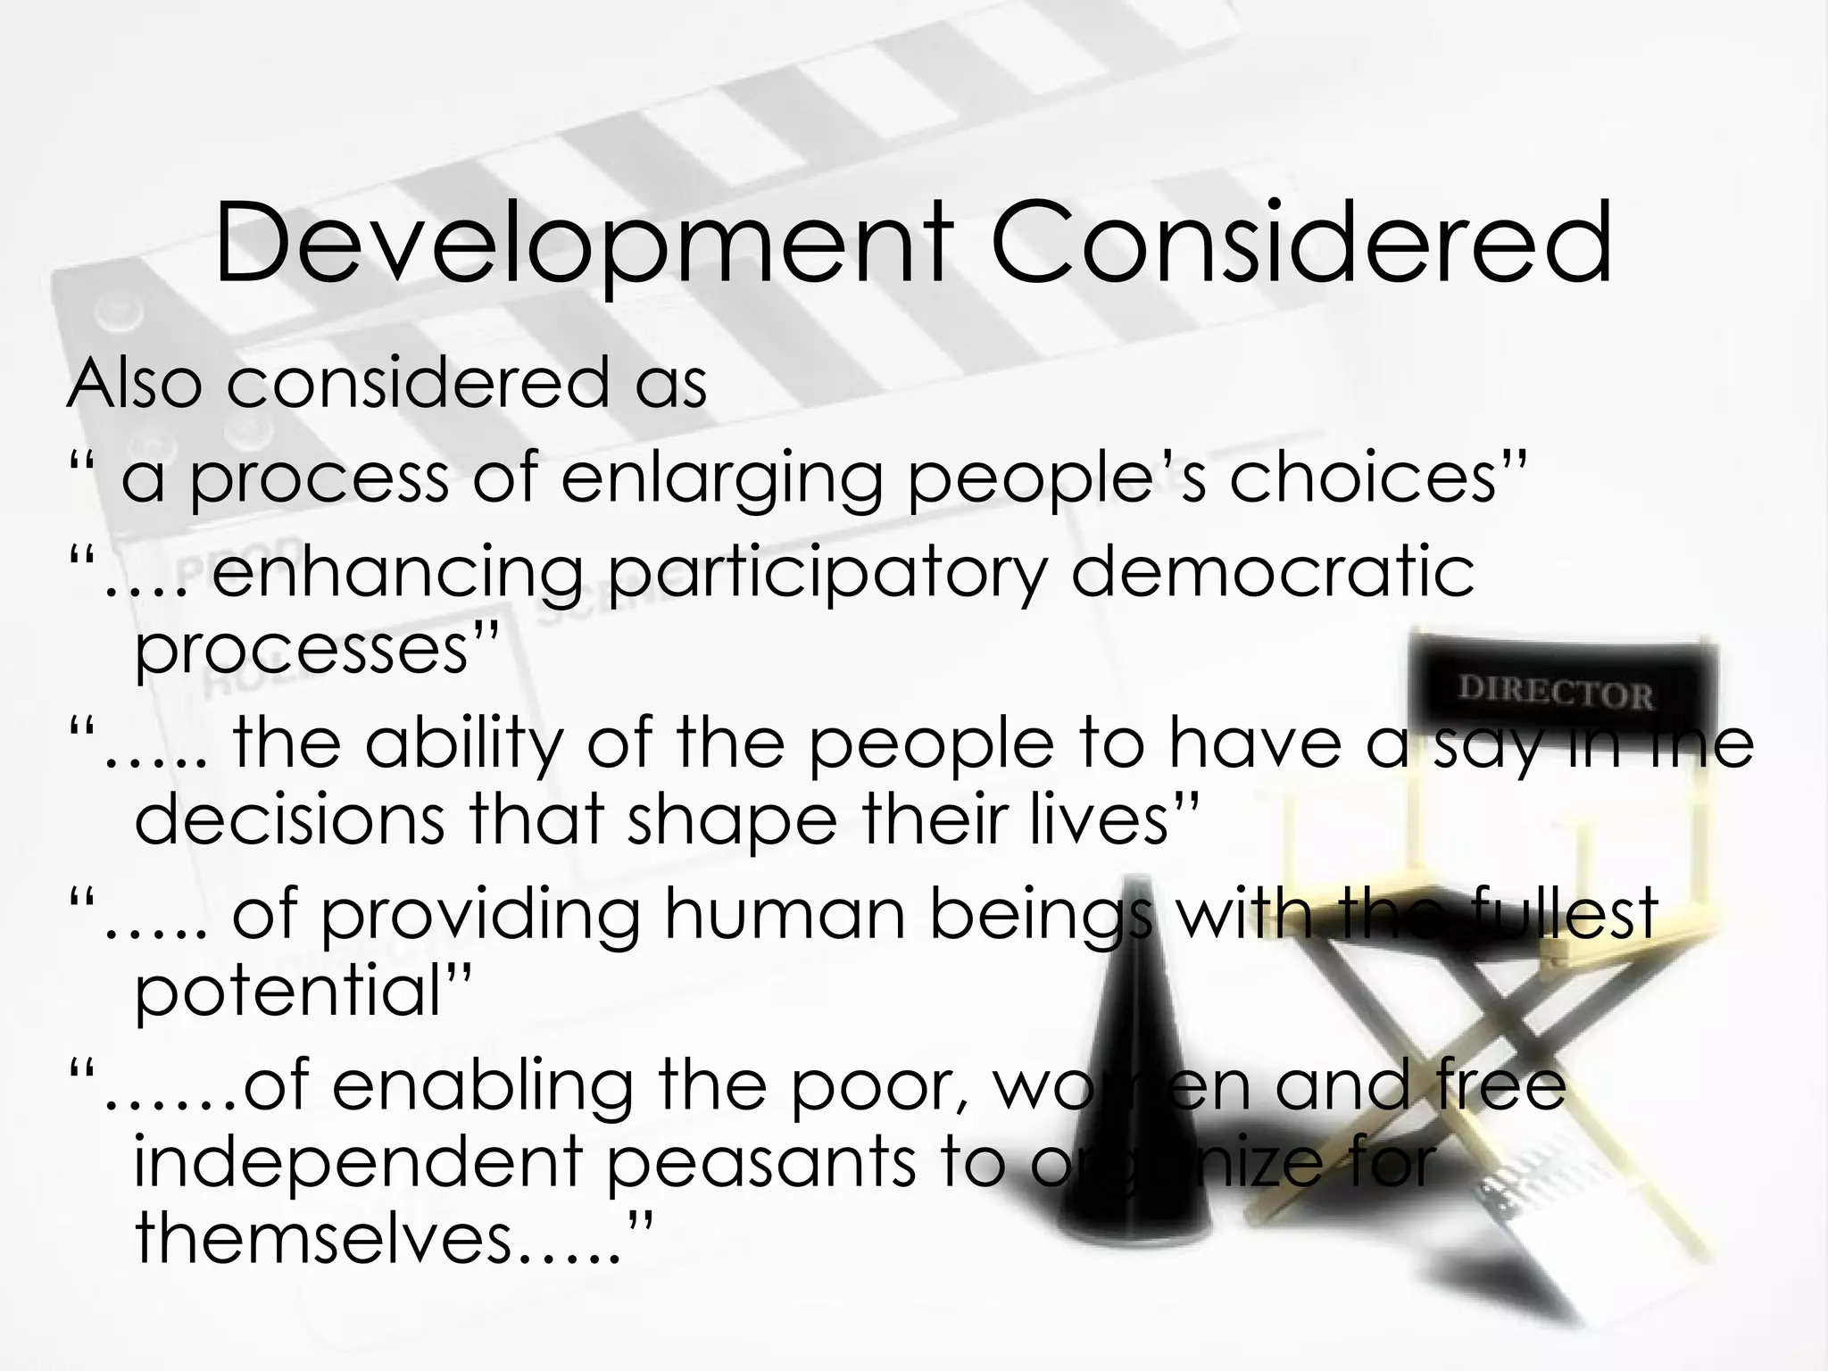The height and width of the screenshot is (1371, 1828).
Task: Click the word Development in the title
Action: click(580, 244)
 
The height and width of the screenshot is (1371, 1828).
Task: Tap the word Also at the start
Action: click(134, 384)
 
